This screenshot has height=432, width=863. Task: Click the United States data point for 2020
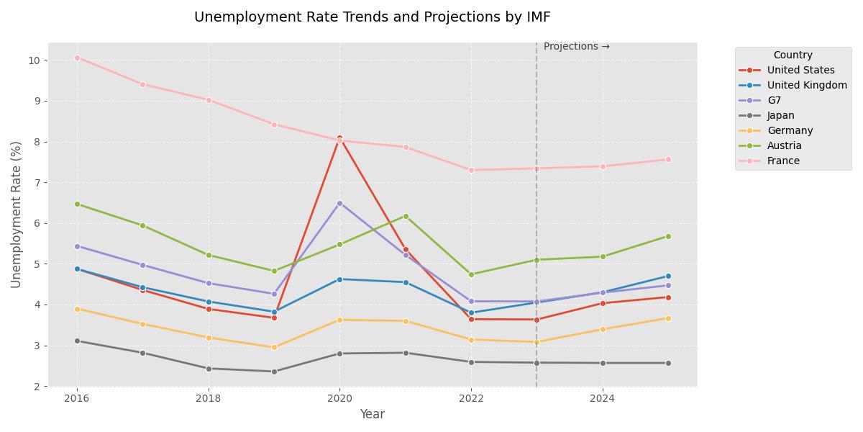(339, 138)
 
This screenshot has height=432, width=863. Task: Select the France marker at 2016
(77, 58)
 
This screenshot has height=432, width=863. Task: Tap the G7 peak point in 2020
(339, 203)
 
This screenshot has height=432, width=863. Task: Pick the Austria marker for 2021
(406, 216)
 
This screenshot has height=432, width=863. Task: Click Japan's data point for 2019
(274, 372)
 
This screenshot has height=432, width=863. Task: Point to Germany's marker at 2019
(274, 347)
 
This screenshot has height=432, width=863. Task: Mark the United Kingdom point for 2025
(668, 276)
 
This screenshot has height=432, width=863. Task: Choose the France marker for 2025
(668, 159)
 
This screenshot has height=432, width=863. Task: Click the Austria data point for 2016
(77, 204)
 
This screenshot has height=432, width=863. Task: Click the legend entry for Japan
(780, 115)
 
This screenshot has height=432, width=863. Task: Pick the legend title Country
(793, 55)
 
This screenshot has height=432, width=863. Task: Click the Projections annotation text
(576, 47)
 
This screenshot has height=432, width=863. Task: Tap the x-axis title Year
(372, 414)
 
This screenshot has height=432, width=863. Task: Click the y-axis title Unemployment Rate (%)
(16, 215)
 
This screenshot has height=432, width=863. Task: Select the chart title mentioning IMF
(372, 17)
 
